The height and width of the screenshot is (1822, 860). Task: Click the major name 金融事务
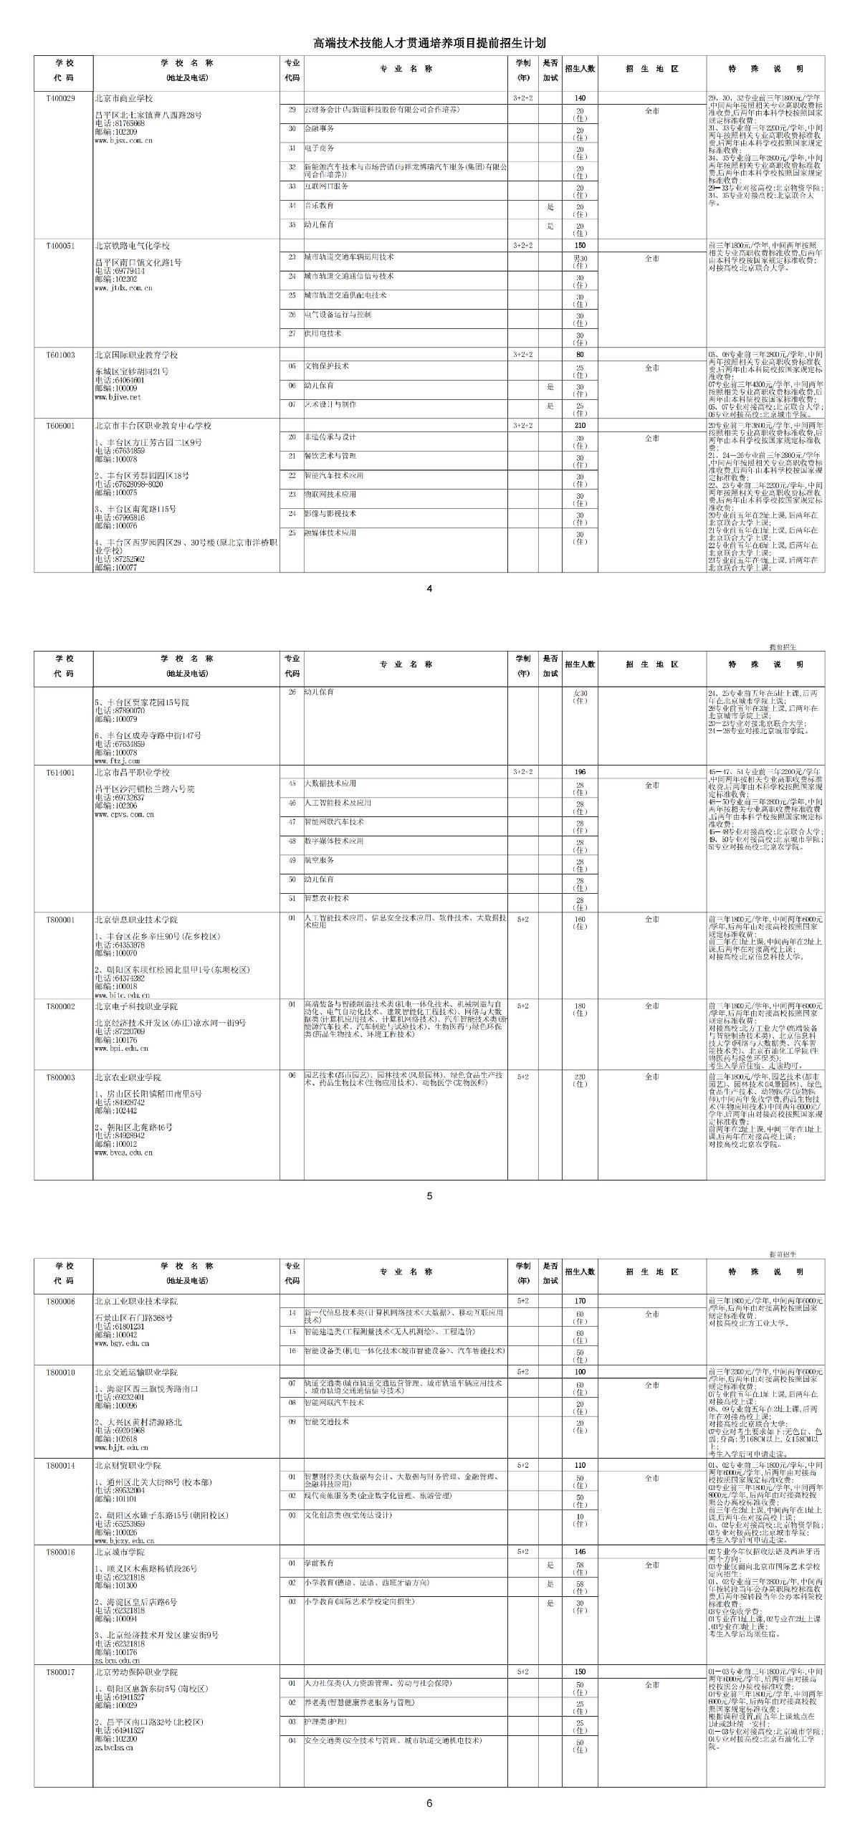pos(320,128)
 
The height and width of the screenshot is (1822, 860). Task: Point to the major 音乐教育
pos(320,206)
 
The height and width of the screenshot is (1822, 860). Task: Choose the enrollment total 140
pos(580,97)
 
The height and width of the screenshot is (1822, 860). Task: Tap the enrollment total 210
pos(580,426)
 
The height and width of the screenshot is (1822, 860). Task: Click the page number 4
pos(429,589)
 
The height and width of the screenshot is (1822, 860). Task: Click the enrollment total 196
pos(580,772)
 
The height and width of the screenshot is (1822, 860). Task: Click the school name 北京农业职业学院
pos(128,1077)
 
